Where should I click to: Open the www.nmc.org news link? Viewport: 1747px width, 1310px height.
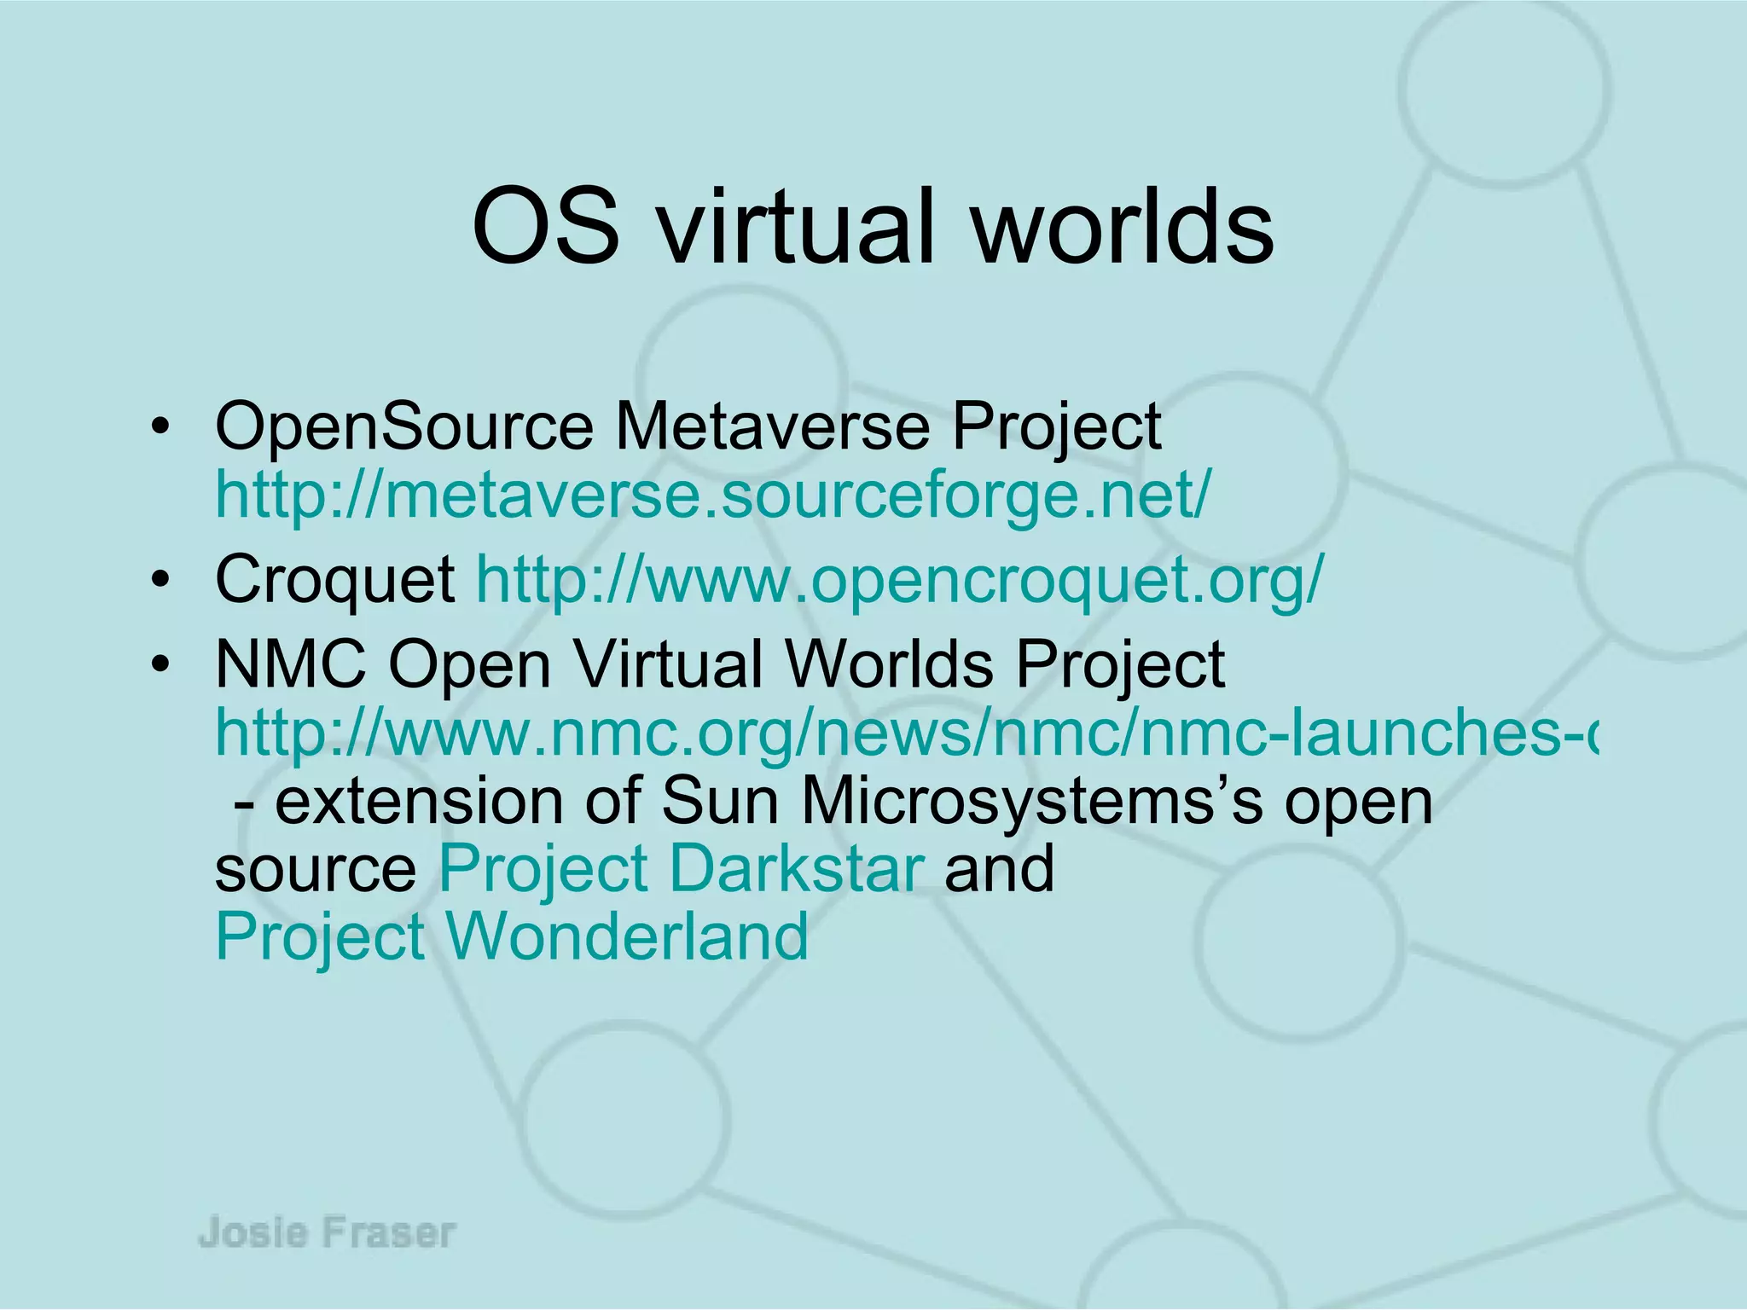[904, 733]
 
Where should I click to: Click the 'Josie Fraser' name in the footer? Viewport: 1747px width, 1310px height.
[328, 1233]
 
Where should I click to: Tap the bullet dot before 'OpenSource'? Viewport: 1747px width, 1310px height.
[159, 428]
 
